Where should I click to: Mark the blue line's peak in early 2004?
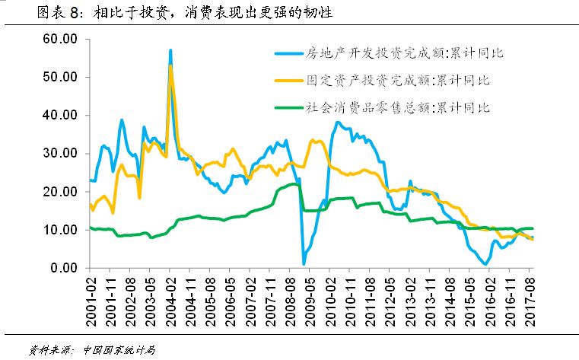pos(170,50)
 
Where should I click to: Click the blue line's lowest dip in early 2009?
pos(304,263)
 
